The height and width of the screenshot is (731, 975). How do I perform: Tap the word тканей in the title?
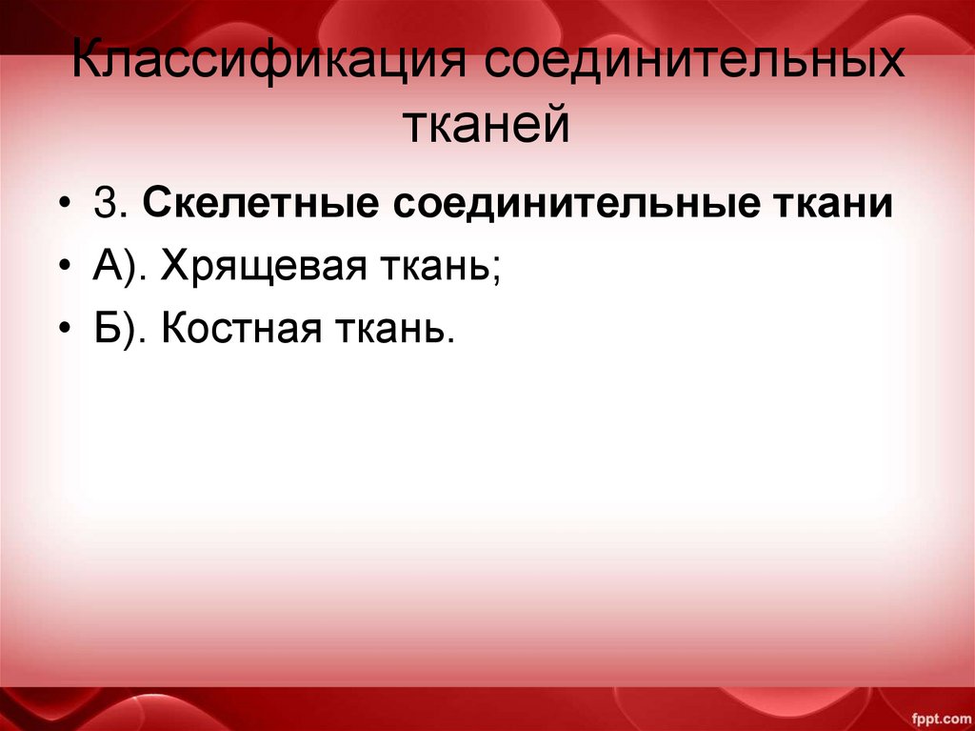click(487, 126)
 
